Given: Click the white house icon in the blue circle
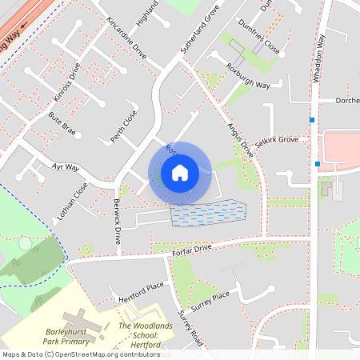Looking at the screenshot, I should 180,172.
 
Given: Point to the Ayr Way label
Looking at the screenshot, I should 66,168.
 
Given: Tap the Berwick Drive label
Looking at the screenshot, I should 118,221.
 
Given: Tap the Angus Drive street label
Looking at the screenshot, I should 241,134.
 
